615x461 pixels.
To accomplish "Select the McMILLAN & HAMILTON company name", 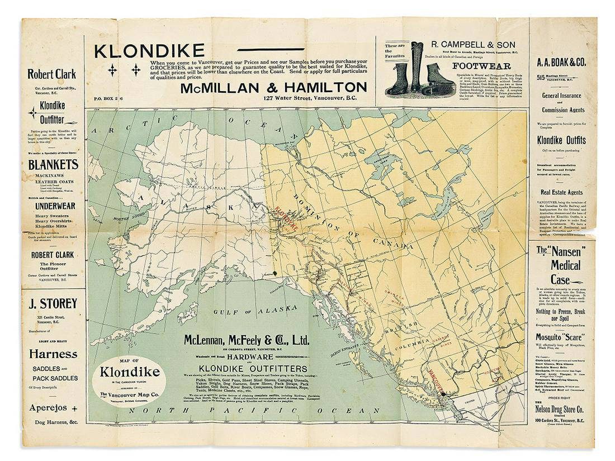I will coord(273,87).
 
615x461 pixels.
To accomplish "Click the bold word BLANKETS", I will coord(53,165).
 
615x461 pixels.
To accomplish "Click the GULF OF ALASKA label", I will coord(256,309).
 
